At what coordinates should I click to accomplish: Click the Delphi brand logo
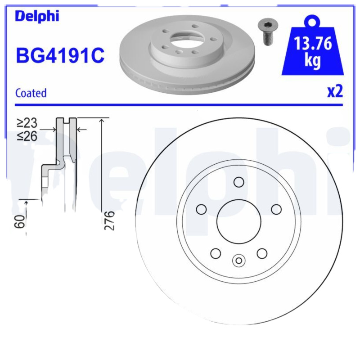click(37, 16)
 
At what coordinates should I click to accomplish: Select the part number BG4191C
click(60, 56)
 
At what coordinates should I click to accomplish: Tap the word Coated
click(31, 93)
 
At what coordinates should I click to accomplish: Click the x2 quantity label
click(334, 91)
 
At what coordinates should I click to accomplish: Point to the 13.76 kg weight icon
click(313, 50)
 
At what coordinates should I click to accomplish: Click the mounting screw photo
click(267, 31)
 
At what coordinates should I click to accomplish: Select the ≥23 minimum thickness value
click(27, 123)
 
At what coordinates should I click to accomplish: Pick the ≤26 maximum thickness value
click(27, 136)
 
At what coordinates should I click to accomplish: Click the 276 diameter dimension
click(110, 220)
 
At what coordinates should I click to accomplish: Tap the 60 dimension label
click(19, 221)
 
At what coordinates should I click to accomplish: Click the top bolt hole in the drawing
click(238, 182)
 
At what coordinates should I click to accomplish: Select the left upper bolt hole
click(202, 209)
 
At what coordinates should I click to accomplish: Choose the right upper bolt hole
click(276, 209)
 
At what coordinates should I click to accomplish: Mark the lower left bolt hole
click(216, 253)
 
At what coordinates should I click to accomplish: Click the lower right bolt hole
click(262, 253)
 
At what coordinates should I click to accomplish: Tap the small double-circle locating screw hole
click(238, 260)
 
